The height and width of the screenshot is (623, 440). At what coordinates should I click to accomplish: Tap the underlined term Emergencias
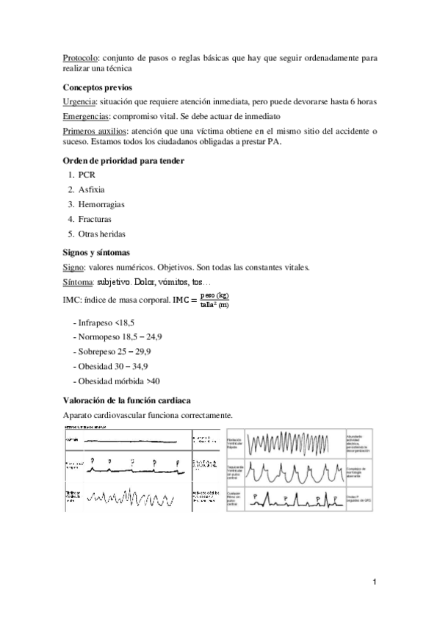click(x=86, y=117)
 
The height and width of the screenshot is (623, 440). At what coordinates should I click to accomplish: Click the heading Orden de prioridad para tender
click(x=123, y=161)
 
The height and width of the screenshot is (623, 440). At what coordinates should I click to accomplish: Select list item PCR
click(x=87, y=175)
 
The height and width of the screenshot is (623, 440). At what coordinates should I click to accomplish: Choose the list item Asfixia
click(x=92, y=190)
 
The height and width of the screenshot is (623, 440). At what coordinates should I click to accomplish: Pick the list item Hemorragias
click(x=101, y=204)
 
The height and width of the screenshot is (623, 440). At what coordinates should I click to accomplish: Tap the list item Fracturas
click(x=95, y=219)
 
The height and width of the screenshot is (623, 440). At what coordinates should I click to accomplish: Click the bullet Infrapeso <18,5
click(x=106, y=323)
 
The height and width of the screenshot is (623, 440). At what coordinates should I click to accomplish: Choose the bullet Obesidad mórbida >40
click(x=118, y=381)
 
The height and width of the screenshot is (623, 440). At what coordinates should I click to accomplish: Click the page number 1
click(x=375, y=583)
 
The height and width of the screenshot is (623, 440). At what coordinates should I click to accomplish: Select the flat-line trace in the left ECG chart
click(x=137, y=439)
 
